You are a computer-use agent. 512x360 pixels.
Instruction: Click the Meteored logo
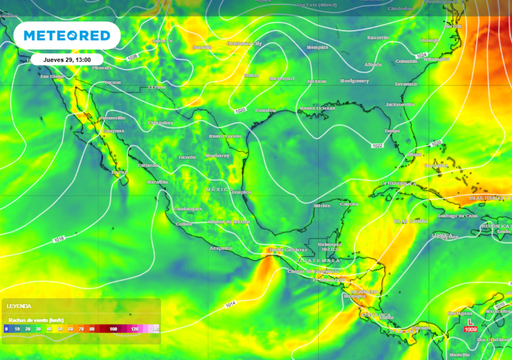coord(68,36)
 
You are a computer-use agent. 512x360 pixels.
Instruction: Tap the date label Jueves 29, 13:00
coord(68,59)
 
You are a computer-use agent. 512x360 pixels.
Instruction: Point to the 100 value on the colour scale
coord(114,328)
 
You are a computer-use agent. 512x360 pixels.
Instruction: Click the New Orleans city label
coord(322,108)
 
